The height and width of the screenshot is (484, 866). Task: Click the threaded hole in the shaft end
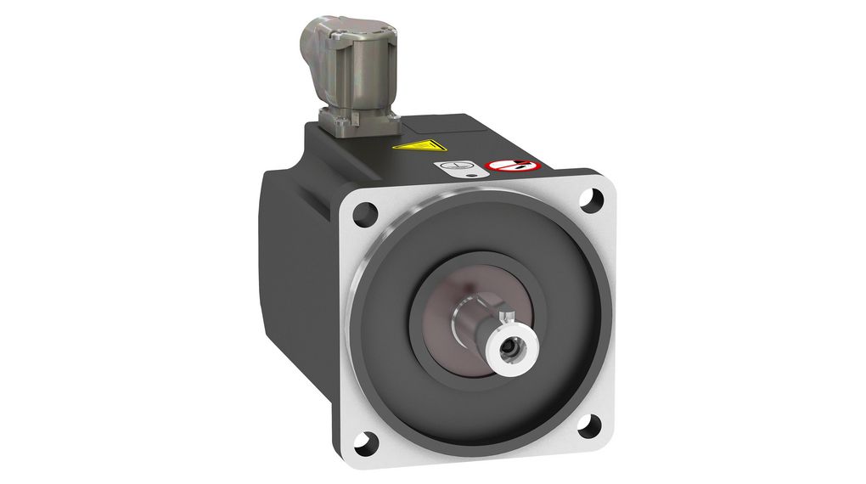point(509,347)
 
